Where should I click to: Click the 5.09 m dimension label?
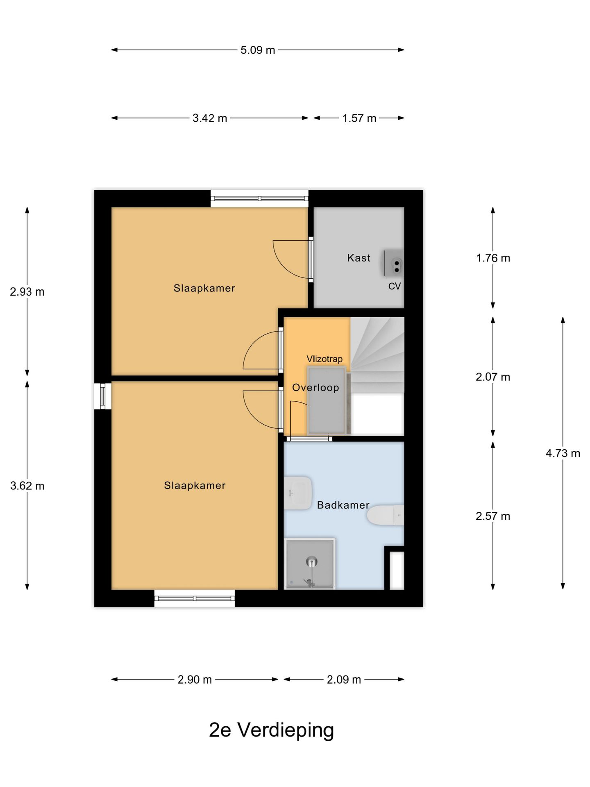tap(257, 50)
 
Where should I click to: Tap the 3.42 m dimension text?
tap(209, 118)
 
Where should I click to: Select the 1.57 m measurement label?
tap(359, 118)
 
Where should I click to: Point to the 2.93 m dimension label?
tap(27, 292)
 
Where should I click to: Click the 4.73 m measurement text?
tap(563, 453)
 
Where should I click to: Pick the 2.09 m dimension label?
tap(344, 680)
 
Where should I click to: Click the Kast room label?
tap(359, 258)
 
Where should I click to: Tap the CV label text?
tap(394, 286)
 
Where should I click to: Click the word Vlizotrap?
tap(324, 359)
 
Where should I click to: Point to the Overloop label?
tap(315, 387)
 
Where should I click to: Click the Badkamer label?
tap(343, 505)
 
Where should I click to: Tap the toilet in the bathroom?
tap(385, 515)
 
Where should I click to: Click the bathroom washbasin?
tap(298, 493)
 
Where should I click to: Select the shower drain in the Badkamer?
tap(312, 562)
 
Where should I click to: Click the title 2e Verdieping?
tap(271, 730)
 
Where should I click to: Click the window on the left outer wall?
tap(102, 396)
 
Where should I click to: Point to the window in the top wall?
tap(259, 198)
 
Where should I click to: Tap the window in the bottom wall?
tap(195, 598)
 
